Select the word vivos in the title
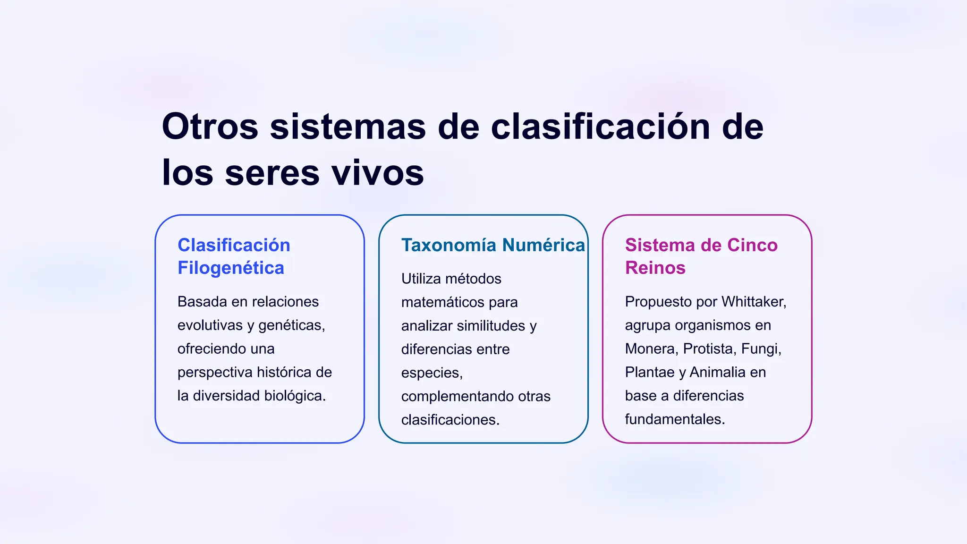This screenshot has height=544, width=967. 377,172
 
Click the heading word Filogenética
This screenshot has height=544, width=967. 230,268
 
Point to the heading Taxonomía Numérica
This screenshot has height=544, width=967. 492,245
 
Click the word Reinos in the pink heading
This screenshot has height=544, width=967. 655,268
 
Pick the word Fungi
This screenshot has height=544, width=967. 761,348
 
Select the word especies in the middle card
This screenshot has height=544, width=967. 431,373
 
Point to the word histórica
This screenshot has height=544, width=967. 284,372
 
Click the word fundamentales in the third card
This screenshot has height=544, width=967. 674,419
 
